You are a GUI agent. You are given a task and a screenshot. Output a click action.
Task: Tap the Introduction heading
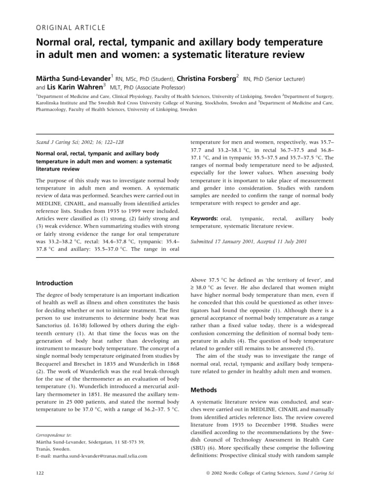pos(55,283)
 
